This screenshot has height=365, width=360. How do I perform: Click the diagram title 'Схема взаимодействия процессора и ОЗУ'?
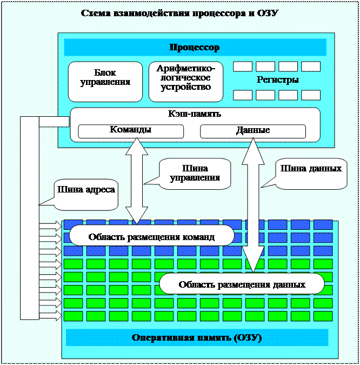[x=179, y=13]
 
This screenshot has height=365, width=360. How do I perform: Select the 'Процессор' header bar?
[x=195, y=48]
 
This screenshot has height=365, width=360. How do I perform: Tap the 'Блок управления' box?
[x=105, y=81]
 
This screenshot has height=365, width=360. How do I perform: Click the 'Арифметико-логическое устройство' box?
[x=186, y=81]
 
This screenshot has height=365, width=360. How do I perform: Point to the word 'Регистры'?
[x=278, y=80]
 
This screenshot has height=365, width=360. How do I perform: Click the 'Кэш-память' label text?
[x=195, y=114]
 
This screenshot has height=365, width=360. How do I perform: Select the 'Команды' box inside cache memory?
[x=131, y=131]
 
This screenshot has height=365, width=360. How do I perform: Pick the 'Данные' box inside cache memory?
[x=253, y=131]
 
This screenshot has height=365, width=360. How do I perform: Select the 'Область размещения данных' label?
[x=242, y=283]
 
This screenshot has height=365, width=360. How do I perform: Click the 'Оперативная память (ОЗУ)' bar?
[x=197, y=338]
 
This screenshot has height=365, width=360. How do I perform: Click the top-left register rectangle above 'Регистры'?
[x=243, y=67]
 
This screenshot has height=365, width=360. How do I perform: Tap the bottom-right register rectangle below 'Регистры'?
[x=311, y=95]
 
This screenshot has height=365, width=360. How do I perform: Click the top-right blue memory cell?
[x=323, y=224]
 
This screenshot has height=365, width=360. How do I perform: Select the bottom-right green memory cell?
[x=323, y=315]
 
